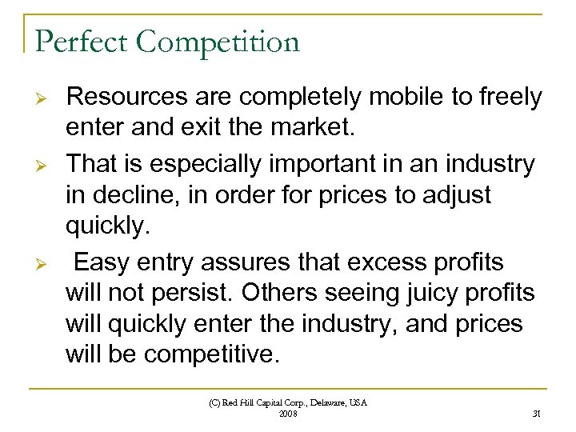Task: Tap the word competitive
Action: (x=212, y=354)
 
